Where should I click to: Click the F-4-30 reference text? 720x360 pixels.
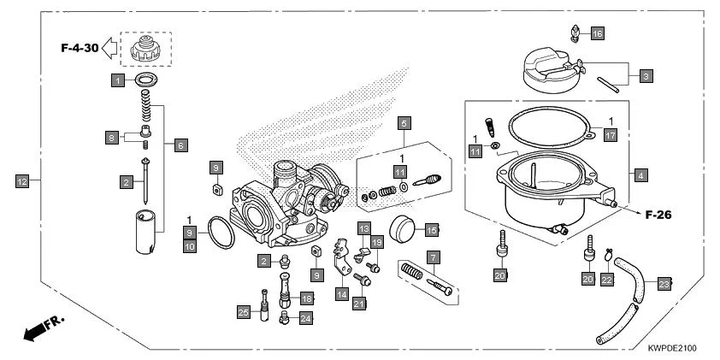click(79, 50)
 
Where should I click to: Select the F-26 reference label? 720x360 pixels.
click(658, 215)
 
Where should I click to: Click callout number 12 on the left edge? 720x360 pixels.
click(22, 180)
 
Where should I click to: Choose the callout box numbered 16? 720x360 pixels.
click(597, 33)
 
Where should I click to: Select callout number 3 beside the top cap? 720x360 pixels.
click(647, 76)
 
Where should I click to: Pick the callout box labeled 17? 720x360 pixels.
click(609, 135)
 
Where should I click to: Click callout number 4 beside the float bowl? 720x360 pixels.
click(640, 174)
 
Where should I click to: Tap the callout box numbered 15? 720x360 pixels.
click(432, 230)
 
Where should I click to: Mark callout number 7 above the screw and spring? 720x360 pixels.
click(434, 257)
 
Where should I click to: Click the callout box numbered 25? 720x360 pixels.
click(244, 314)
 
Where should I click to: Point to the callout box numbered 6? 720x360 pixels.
click(181, 145)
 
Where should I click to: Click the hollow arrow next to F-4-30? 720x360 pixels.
click(110, 50)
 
